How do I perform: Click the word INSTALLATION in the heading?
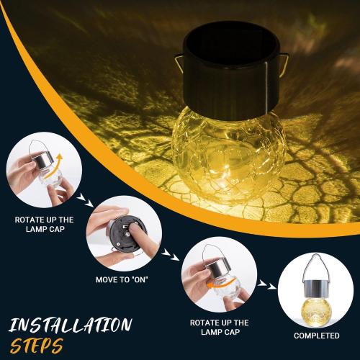tap(70, 324)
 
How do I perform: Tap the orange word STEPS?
tap(36, 344)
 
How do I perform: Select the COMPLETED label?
tap(316, 336)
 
